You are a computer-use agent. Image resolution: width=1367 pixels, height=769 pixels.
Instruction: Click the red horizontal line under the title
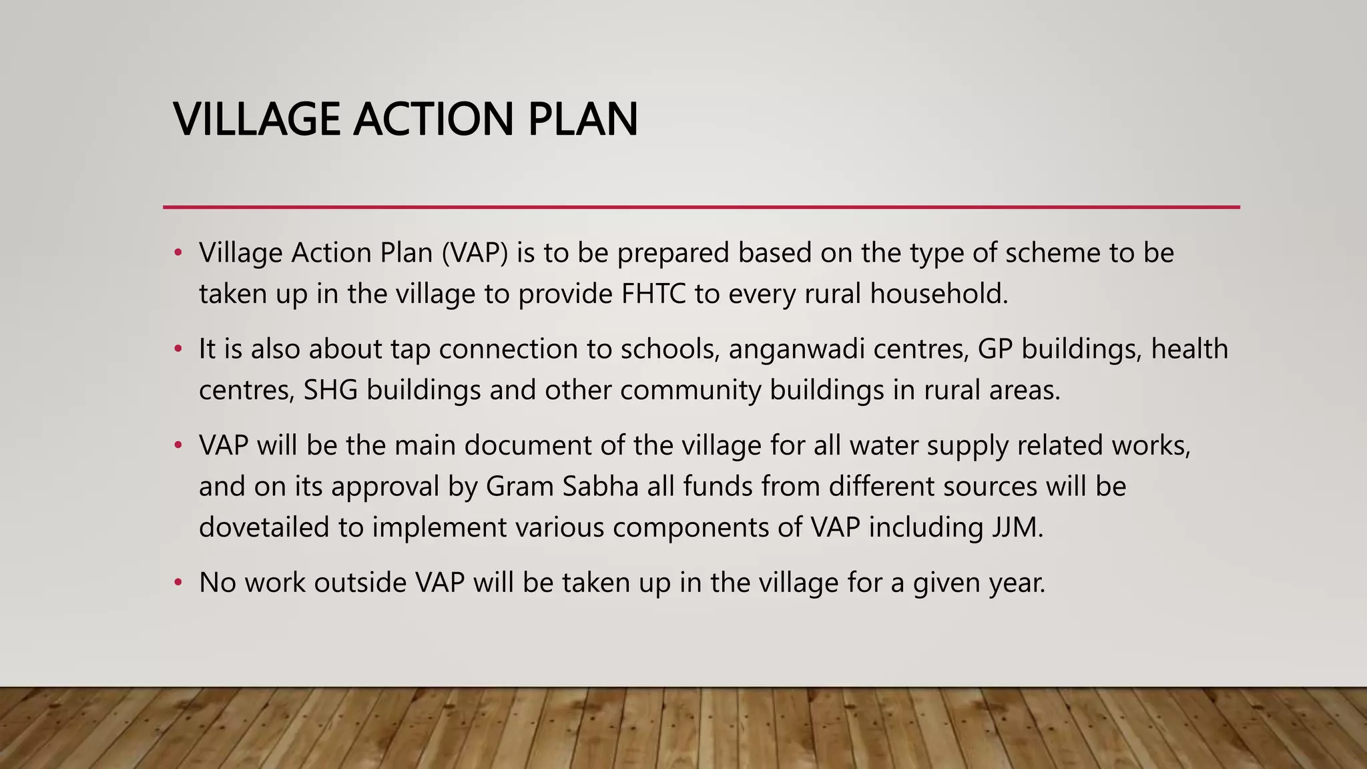(x=701, y=207)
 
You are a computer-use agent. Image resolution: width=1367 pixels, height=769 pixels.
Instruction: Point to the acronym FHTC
(x=653, y=294)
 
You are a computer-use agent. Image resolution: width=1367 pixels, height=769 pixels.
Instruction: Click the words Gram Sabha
(x=562, y=487)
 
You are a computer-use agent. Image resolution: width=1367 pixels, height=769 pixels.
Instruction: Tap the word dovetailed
(x=264, y=528)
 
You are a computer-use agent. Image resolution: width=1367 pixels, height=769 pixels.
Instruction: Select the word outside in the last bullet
(x=360, y=583)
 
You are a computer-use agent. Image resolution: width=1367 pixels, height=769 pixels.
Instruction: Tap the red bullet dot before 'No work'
(x=178, y=583)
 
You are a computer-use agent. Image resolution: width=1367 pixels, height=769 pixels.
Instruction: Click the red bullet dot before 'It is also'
(x=178, y=349)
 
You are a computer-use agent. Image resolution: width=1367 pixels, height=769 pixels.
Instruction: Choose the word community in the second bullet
(x=690, y=391)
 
